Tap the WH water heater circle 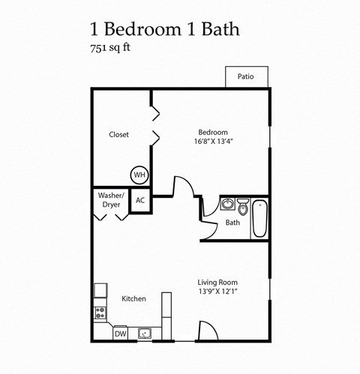coord(139,175)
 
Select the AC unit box coord(140,200)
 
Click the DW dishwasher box coord(120,334)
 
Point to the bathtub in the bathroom coord(259,218)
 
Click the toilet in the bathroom coord(243,204)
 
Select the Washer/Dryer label coord(111,200)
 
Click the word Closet coord(118,135)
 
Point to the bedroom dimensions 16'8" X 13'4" coord(210,140)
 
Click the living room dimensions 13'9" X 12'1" coord(217,291)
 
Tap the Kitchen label coord(133,299)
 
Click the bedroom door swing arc coord(183,186)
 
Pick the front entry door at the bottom coord(208,331)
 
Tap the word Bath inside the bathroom coord(232,223)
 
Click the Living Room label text coord(217,282)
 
